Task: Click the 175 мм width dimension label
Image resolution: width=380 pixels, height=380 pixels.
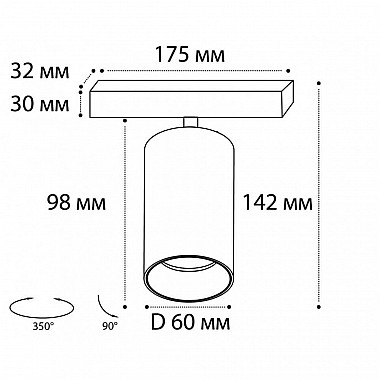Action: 190,55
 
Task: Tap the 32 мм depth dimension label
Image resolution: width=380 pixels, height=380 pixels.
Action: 40,71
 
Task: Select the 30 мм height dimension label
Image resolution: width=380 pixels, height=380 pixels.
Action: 40,104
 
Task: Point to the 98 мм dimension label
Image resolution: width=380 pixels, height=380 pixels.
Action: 76,202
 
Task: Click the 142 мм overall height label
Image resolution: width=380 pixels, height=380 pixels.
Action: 277,202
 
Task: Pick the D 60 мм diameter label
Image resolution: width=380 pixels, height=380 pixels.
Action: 190,322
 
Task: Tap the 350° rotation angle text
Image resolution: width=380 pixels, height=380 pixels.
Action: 43,326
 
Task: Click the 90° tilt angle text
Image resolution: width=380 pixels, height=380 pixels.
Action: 110,326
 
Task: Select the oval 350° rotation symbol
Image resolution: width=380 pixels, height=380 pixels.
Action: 41,306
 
